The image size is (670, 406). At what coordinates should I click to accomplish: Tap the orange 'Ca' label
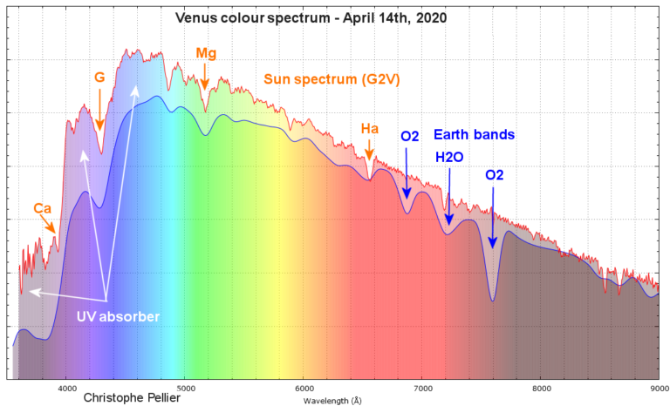pos(42,208)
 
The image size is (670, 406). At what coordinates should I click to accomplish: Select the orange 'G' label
pos(99,78)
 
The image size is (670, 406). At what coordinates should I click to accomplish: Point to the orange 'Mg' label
pos(206,54)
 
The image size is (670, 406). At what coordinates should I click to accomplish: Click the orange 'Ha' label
pos(370,129)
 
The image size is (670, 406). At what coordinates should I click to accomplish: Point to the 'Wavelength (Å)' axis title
pos(332,401)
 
